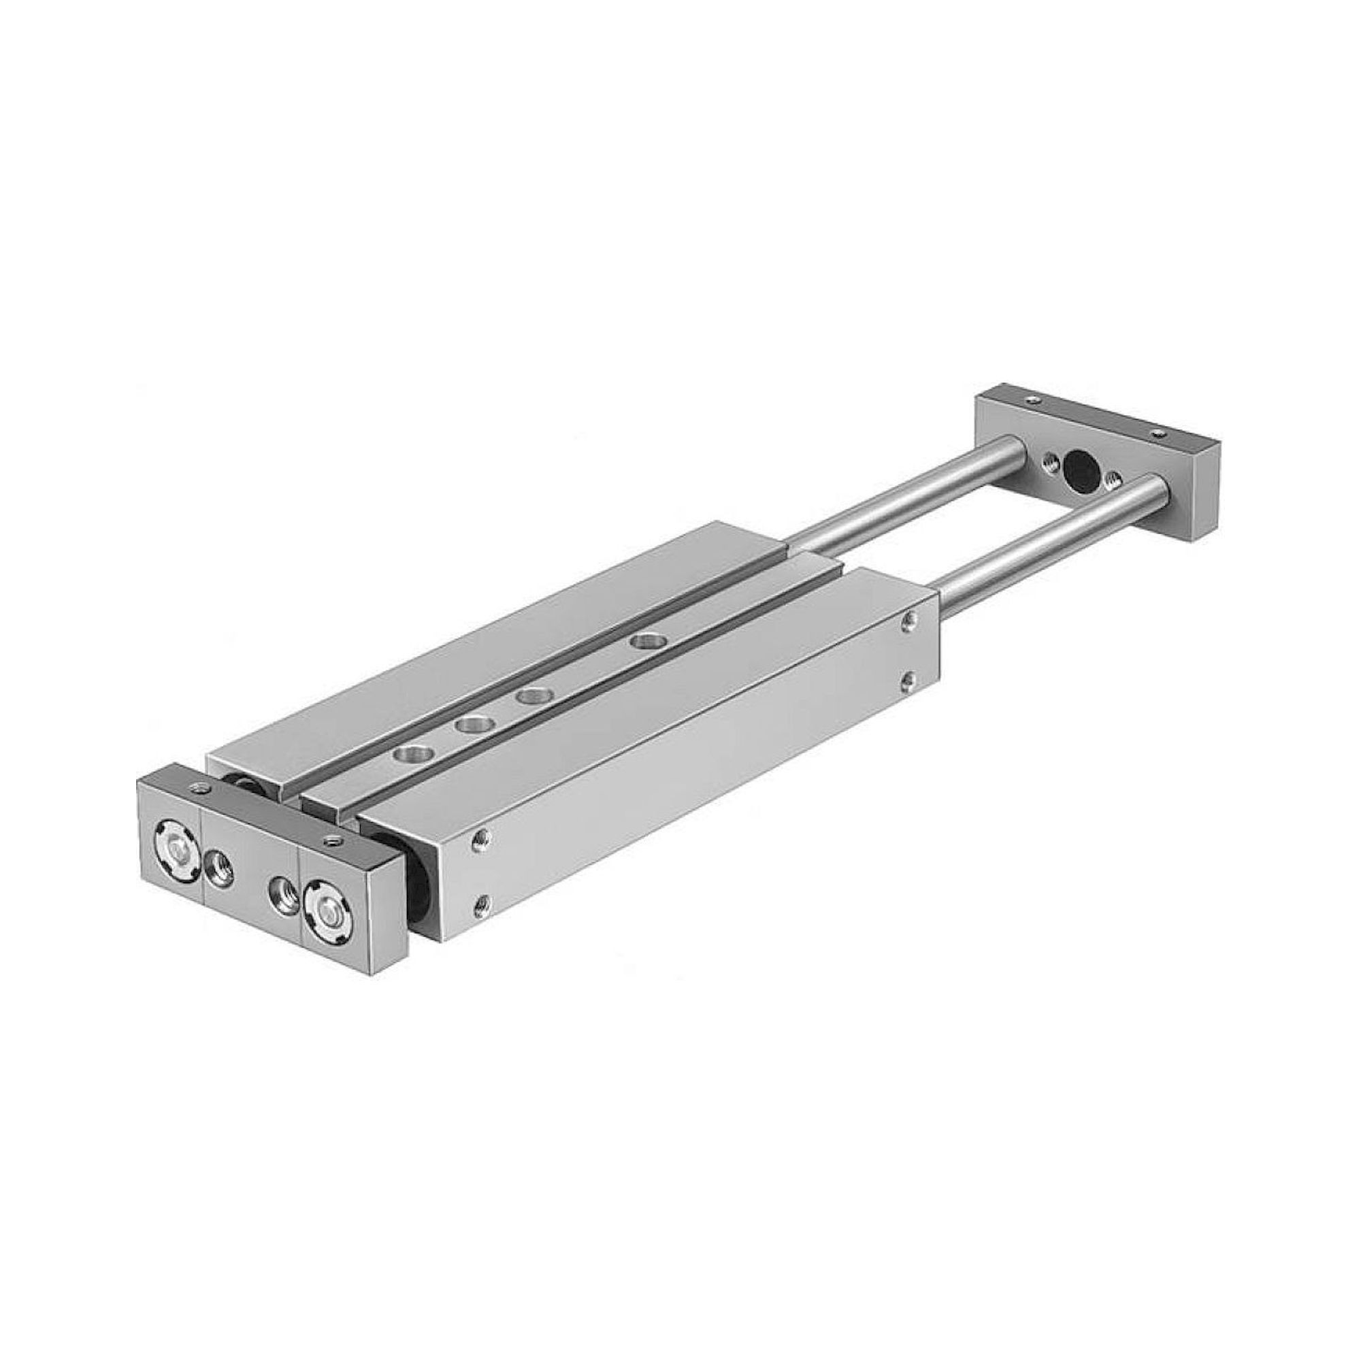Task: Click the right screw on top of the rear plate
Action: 1157,431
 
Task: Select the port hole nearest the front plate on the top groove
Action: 408,754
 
